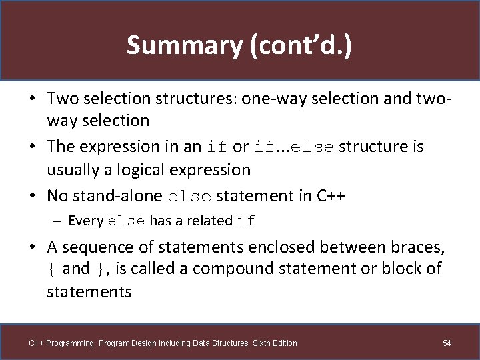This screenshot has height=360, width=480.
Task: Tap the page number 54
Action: pos(447,343)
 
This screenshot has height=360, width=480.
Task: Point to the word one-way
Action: pos(271,98)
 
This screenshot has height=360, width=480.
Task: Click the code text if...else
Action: pos(293,147)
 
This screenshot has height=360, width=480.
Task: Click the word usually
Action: pos(75,170)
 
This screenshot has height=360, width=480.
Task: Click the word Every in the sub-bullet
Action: pos(85,221)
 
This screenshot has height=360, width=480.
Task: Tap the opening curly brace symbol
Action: pos(51,269)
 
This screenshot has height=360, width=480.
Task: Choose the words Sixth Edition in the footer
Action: pos(273,343)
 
